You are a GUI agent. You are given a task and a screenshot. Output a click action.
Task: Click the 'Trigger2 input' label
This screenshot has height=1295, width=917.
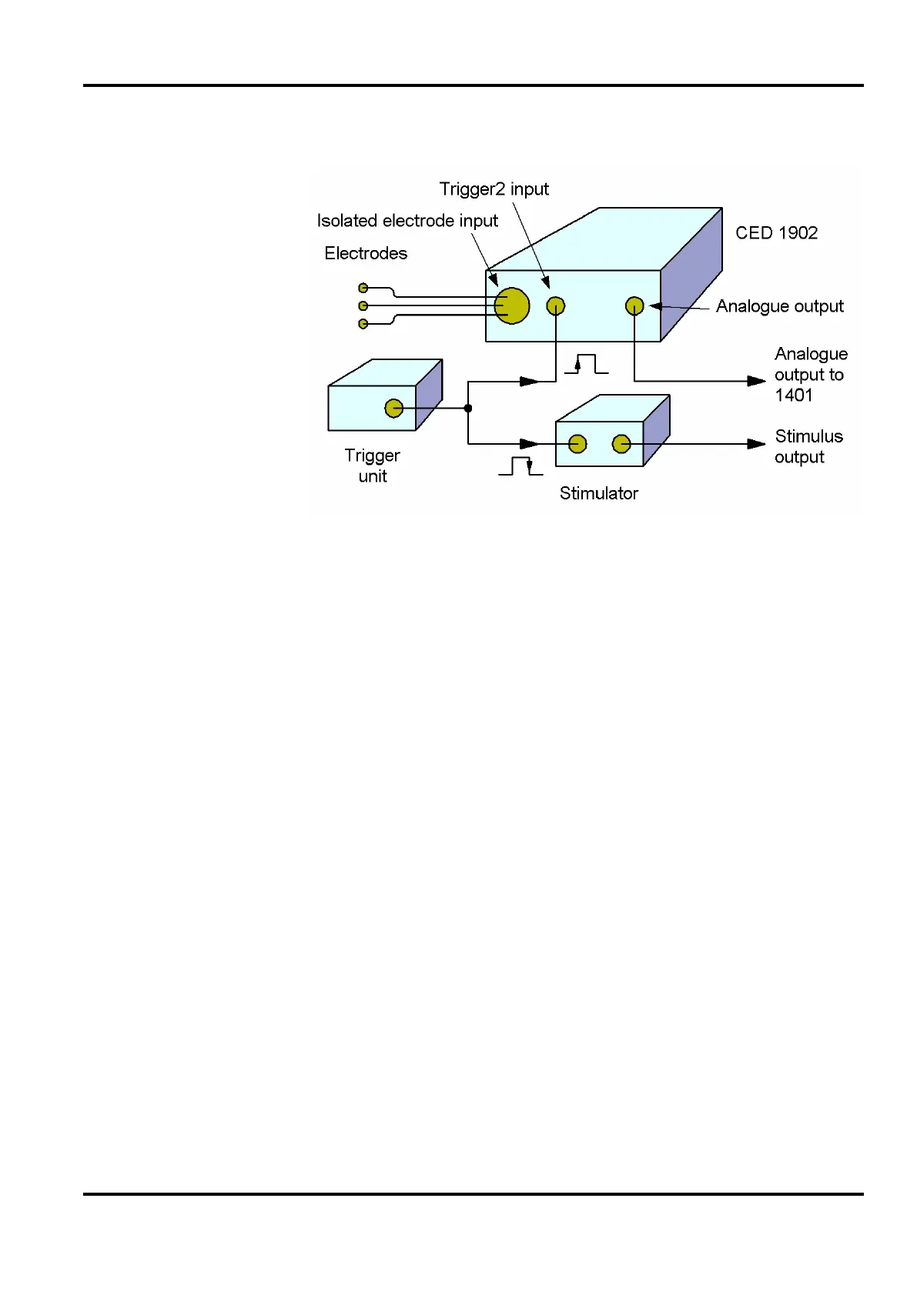(494, 189)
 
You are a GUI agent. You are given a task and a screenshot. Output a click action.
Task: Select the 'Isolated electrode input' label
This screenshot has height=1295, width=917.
(407, 221)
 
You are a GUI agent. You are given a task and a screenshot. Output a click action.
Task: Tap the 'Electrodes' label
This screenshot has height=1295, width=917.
(366, 253)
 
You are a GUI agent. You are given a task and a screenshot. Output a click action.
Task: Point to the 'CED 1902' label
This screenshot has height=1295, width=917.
(776, 233)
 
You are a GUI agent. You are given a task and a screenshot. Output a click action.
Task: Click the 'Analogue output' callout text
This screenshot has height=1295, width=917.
(779, 306)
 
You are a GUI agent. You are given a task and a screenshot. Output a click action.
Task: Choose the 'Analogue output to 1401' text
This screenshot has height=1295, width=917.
(810, 375)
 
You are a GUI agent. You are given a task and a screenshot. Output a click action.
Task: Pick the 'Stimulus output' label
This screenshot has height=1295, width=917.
(808, 446)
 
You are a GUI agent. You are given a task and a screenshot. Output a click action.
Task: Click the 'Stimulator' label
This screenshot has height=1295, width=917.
(598, 493)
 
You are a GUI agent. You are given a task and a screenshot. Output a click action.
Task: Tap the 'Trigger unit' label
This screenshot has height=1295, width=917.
(372, 466)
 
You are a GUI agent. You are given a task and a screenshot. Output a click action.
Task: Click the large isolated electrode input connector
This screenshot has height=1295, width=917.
(512, 305)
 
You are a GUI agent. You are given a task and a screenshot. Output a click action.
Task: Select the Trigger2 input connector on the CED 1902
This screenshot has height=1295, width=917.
(556, 306)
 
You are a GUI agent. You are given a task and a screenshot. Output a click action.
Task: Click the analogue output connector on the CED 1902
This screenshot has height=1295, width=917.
(634, 306)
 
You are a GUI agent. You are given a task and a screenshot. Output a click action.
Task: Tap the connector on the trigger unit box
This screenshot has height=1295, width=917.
(394, 408)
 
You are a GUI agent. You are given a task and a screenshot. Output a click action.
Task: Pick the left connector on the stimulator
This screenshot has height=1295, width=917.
(577, 444)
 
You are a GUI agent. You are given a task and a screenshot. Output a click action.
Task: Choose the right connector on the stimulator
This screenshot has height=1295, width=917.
(621, 444)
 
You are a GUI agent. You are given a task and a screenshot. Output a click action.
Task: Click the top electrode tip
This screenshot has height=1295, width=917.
(363, 288)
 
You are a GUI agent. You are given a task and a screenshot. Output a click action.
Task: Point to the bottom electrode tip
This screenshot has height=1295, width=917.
(363, 324)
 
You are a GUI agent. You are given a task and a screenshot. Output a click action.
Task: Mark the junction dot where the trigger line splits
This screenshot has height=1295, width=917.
(468, 408)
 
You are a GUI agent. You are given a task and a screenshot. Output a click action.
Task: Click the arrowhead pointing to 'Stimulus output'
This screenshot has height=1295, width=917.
(756, 444)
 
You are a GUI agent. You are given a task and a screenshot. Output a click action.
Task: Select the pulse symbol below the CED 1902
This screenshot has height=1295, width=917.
(587, 364)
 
